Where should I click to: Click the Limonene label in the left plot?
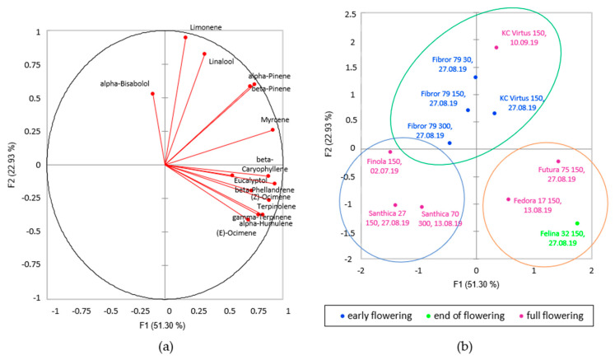(205, 27)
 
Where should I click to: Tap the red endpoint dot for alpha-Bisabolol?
(152, 94)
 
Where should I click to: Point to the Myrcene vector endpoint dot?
(273, 129)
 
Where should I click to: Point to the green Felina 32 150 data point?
(577, 223)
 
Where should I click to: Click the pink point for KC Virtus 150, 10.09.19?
(496, 47)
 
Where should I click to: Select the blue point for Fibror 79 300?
(450, 143)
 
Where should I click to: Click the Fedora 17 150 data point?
(508, 199)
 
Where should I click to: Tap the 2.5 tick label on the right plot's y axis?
(348, 14)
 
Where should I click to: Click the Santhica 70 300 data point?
(422, 207)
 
